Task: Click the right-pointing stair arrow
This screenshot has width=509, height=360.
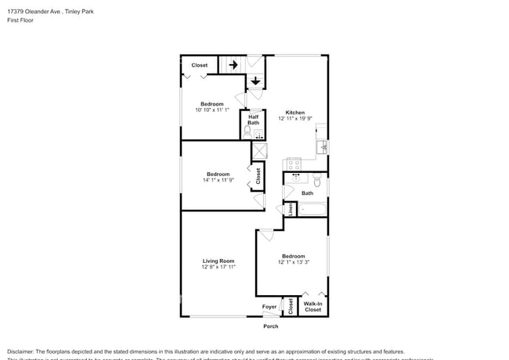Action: [233, 65]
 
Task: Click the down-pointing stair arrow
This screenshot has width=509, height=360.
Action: [255, 81]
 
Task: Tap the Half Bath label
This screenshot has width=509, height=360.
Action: [254, 120]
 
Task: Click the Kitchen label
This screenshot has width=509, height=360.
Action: [294, 112]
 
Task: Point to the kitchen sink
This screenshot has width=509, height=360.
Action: [321, 146]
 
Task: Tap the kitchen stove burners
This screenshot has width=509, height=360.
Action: [294, 164]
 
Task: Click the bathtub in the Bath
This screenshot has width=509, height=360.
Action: [312, 209]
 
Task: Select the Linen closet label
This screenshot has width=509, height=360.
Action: [290, 209]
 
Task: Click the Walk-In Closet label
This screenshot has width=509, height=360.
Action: [312, 307]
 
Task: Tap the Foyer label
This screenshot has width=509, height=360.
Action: [269, 307]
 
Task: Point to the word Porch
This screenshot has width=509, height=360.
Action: [270, 326]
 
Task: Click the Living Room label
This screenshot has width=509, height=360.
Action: [218, 261]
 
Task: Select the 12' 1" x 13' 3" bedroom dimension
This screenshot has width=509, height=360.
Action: [294, 262]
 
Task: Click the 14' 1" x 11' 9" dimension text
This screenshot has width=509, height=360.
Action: [218, 180]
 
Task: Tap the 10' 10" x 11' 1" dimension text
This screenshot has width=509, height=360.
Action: [211, 110]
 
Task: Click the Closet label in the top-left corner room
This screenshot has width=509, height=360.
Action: [200, 65]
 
